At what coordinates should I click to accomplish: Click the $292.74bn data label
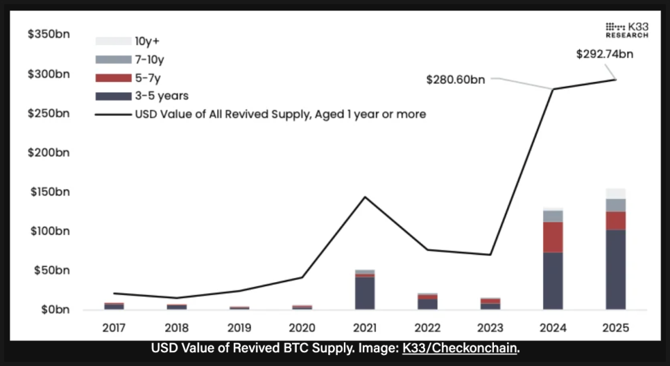[x=604, y=54]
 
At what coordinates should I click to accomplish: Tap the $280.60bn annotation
[x=456, y=80]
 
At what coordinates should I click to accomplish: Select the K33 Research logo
[x=626, y=30]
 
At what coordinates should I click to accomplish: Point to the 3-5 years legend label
[x=161, y=96]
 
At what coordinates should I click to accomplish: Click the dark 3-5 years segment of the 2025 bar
[x=615, y=270]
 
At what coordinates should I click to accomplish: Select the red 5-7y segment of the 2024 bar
[x=553, y=237]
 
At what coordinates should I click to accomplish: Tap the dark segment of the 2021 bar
[x=365, y=293]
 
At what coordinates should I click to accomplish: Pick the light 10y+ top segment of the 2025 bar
[x=615, y=193]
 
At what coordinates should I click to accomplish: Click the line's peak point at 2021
[x=365, y=197]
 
